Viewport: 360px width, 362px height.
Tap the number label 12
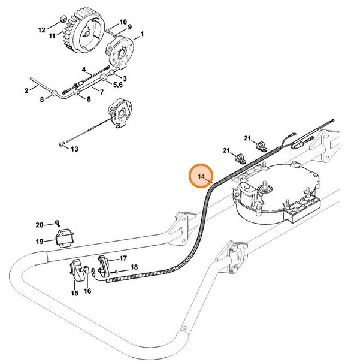41,29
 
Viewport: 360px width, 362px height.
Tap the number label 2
27,91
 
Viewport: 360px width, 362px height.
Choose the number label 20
40,225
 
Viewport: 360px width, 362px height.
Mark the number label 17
123,258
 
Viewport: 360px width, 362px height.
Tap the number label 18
134,267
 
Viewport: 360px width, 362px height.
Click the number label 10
123,22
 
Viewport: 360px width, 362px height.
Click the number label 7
102,92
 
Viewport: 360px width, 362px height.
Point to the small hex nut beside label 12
62,25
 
